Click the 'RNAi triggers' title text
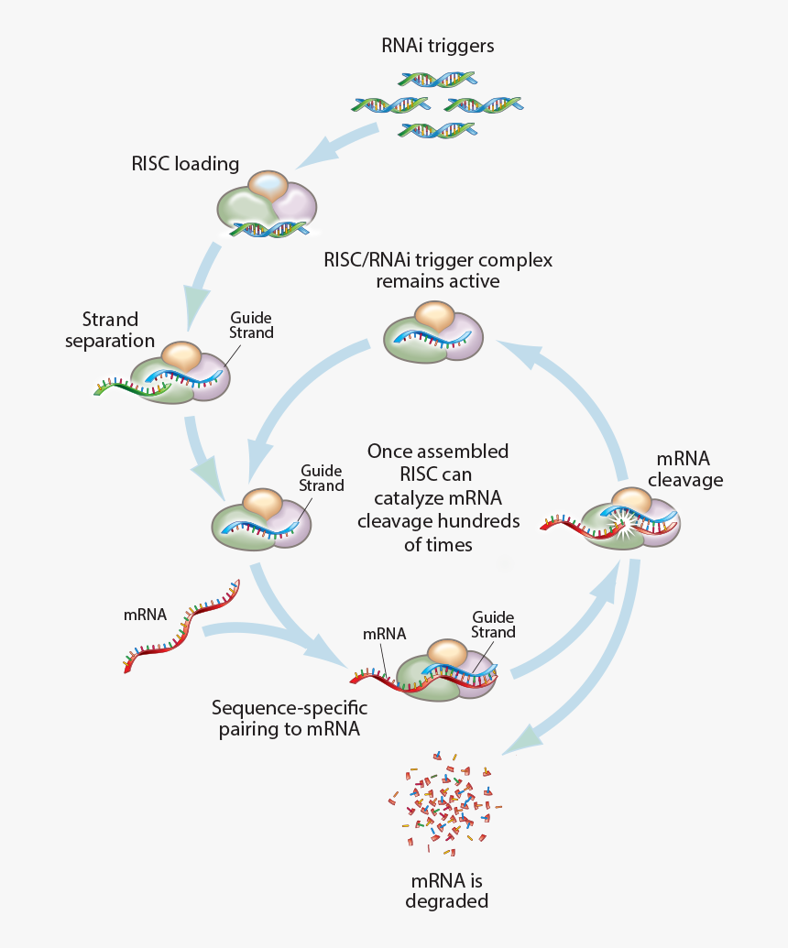[x=438, y=45]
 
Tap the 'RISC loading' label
[x=185, y=164]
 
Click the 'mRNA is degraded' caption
[x=446, y=891]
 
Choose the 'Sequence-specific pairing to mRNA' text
[x=289, y=718]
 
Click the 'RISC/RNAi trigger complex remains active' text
[x=438, y=270]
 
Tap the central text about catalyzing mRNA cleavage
[x=438, y=497]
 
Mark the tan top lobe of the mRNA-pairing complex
[x=447, y=652]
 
